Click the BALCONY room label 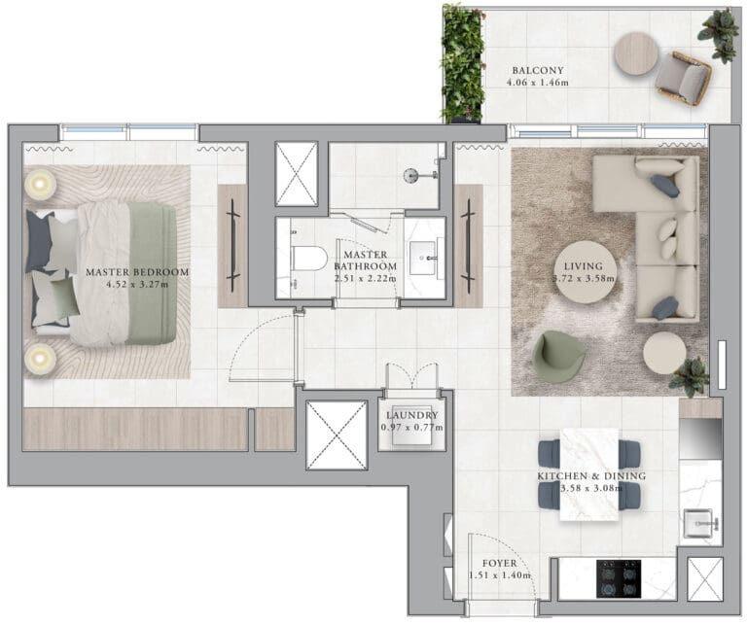point(538,70)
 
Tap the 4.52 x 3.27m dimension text point(138,285)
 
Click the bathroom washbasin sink point(423,258)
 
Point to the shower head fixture point(410,176)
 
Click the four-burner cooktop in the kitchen point(619,579)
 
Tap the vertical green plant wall point(462,64)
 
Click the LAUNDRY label point(412,415)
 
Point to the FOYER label point(499,563)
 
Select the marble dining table point(589,474)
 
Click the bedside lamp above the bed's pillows point(40,184)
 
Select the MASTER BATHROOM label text point(366,261)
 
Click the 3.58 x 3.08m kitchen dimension point(591,488)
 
